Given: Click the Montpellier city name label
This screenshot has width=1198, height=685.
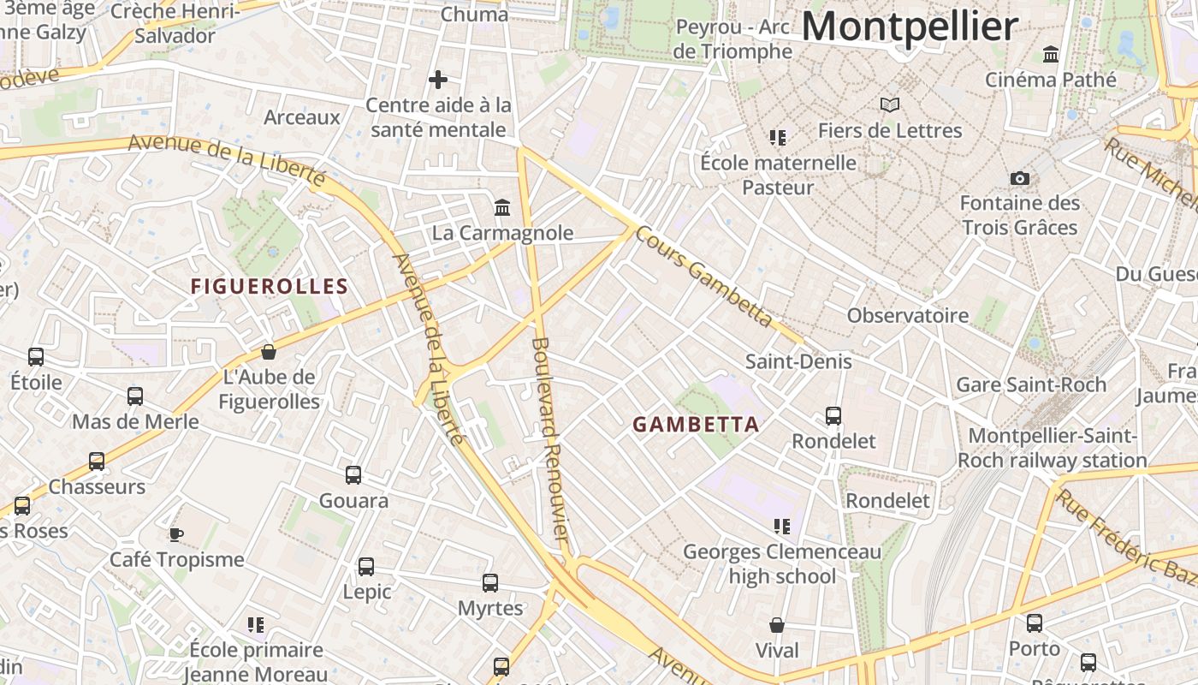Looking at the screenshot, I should tap(910, 27).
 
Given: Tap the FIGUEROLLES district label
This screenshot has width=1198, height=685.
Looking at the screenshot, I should tap(270, 287).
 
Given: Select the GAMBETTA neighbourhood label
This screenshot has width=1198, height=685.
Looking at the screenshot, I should tap(696, 424).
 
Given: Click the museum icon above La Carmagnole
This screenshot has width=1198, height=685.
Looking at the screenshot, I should tap(502, 208).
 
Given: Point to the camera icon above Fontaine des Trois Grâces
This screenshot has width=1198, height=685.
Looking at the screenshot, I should tap(1019, 178).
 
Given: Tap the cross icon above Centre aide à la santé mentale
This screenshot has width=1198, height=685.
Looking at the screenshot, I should tap(438, 80).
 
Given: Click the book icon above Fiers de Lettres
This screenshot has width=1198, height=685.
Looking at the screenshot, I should tap(890, 105).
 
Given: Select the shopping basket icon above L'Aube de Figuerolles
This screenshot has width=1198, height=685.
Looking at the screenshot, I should tap(269, 352).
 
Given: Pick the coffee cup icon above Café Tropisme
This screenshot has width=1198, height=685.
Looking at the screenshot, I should tap(175, 534).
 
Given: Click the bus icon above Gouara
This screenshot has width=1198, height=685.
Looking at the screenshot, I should tap(353, 475).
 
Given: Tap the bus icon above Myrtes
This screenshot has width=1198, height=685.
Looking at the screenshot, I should tap(490, 583).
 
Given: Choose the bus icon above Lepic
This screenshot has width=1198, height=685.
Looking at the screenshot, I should tap(366, 567).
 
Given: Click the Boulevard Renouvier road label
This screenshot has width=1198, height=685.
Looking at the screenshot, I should tap(549, 438).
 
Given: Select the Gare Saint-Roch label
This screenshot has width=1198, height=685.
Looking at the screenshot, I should tap(1030, 384).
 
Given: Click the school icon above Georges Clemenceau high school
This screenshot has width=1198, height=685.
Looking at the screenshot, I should tap(781, 526).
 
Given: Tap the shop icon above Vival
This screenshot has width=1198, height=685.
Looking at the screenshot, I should tap(777, 625).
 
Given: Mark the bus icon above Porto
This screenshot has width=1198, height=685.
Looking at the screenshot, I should tap(1035, 623).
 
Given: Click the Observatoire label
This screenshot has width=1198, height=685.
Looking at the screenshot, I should tap(907, 315).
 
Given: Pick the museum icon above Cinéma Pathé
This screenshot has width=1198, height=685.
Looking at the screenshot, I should tap(1051, 55).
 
